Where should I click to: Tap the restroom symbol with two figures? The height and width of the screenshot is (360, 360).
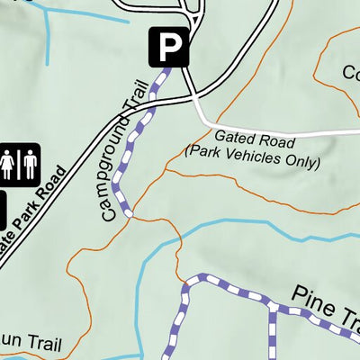(x=19, y=165)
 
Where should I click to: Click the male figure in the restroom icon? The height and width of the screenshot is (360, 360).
(x=29, y=165)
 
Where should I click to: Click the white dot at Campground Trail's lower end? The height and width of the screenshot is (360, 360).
(x=130, y=214)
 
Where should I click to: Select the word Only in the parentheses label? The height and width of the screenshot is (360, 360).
(x=302, y=163)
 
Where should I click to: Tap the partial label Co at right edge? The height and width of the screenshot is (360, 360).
(x=351, y=72)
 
